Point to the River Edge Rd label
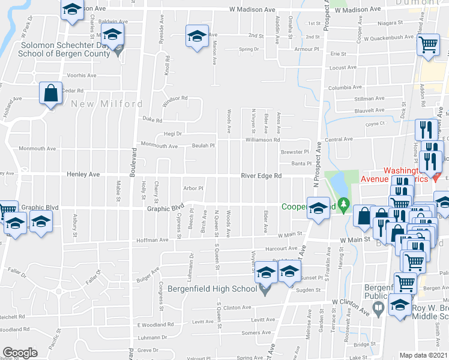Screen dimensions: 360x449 click(x=261, y=176)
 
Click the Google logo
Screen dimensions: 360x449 click(x=20, y=353)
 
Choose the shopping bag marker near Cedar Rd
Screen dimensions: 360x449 click(x=51, y=94)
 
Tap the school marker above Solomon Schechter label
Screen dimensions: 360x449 click(x=113, y=35)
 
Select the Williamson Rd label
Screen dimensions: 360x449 click(x=263, y=140)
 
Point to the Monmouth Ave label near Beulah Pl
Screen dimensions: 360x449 click(x=159, y=146)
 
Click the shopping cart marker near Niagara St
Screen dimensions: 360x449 click(x=428, y=44)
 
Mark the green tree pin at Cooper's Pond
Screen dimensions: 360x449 click(x=343, y=206)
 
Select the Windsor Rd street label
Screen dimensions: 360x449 click(x=175, y=98)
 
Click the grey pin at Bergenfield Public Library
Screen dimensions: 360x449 click(x=378, y=308)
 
